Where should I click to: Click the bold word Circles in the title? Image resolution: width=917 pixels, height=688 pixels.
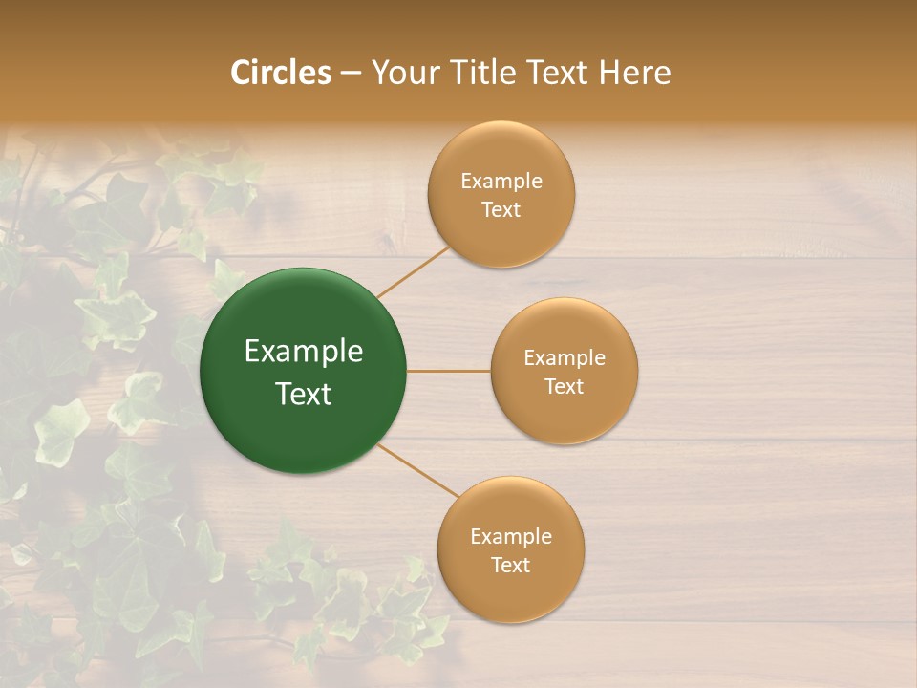(x=281, y=73)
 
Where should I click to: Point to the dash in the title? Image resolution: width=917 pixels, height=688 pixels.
(x=351, y=74)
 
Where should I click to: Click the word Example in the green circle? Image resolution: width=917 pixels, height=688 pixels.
(x=304, y=352)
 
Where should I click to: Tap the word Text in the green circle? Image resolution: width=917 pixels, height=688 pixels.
(x=304, y=394)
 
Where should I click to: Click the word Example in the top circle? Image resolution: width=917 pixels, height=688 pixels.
(x=501, y=182)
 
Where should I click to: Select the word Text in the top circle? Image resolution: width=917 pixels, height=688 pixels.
(x=501, y=210)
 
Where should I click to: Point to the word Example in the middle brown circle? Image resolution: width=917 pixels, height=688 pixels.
(x=565, y=358)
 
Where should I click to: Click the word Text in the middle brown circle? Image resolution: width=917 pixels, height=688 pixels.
(x=564, y=387)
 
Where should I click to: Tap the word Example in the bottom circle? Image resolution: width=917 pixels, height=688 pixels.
(x=511, y=536)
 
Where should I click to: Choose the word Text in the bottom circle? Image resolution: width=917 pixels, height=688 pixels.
(x=510, y=565)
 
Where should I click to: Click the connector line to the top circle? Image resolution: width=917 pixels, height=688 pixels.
(x=413, y=271)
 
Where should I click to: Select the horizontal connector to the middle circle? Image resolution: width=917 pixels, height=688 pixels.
(x=448, y=370)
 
